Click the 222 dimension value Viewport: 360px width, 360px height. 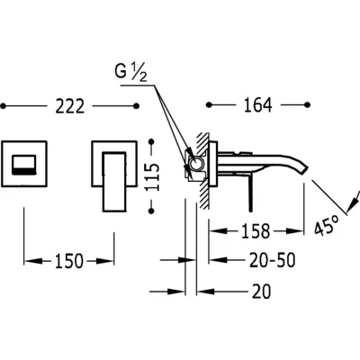(69, 106)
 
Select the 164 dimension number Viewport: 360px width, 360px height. (258, 105)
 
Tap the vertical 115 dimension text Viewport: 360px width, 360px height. (154, 176)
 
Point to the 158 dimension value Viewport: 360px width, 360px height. (256, 231)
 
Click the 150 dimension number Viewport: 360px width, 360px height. (68, 261)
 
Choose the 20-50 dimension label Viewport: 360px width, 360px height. (272, 260)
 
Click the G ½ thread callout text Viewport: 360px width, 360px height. (131, 73)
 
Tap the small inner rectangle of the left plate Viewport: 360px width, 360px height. (24, 165)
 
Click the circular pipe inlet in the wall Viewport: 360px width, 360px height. (197, 164)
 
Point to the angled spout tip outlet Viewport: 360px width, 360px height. (303, 169)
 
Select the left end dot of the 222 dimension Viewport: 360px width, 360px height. (4, 106)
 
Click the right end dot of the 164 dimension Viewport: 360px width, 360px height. (307, 104)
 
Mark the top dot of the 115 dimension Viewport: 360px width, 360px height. (151, 141)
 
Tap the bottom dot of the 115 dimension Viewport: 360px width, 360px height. (151, 211)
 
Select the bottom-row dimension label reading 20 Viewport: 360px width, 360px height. (261, 292)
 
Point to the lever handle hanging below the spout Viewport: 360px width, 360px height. (249, 193)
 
